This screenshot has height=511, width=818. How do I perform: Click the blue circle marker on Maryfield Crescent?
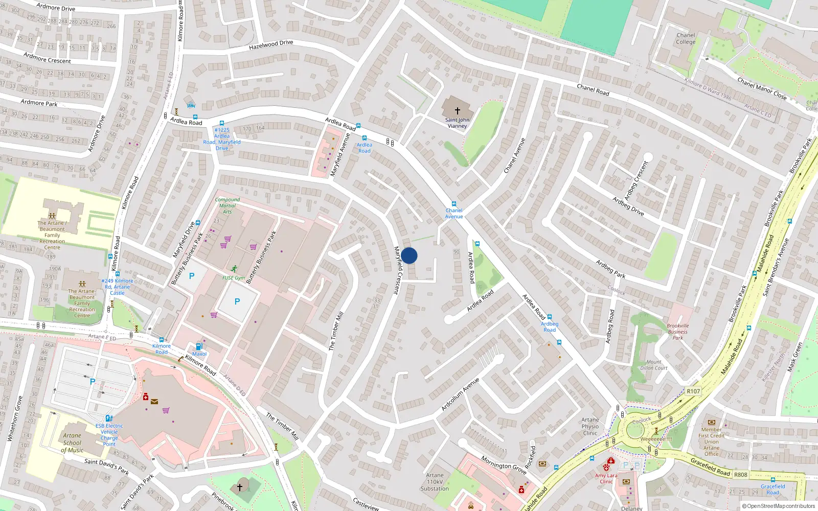pyautogui.click(x=409, y=255)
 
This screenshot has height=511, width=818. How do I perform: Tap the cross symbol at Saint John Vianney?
pyautogui.click(x=458, y=110)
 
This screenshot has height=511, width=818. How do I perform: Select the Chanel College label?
pyautogui.click(x=686, y=39)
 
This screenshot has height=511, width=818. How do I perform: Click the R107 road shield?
pyautogui.click(x=693, y=391)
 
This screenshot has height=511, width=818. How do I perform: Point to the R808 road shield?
pyautogui.click(x=740, y=475)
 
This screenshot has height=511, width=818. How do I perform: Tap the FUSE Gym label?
pyautogui.click(x=234, y=278)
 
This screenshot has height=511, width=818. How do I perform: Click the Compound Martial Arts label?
pyautogui.click(x=227, y=205)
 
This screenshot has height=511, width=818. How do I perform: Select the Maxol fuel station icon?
pyautogui.click(x=199, y=346)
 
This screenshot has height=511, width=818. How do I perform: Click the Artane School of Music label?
pyautogui.click(x=72, y=443)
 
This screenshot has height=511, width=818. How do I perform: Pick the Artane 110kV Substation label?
pyautogui.click(x=435, y=482)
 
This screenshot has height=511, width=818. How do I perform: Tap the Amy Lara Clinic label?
pyautogui.click(x=606, y=478)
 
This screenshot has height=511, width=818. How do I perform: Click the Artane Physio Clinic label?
pyautogui.click(x=590, y=426)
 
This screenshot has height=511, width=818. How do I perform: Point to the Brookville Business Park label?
pyautogui.click(x=678, y=332)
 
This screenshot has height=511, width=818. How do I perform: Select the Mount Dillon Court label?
pyautogui.click(x=654, y=365)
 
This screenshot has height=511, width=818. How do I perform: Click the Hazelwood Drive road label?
pyautogui.click(x=271, y=45)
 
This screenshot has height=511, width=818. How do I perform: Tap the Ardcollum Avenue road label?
pyautogui.click(x=460, y=394)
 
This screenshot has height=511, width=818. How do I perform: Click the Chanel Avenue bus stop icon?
pyautogui.click(x=453, y=204)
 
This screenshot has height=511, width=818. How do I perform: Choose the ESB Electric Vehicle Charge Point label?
pyautogui.click(x=109, y=435)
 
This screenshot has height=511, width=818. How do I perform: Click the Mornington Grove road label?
pyautogui.click(x=504, y=466)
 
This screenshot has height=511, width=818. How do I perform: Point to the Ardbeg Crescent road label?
pyautogui.click(x=636, y=181)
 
